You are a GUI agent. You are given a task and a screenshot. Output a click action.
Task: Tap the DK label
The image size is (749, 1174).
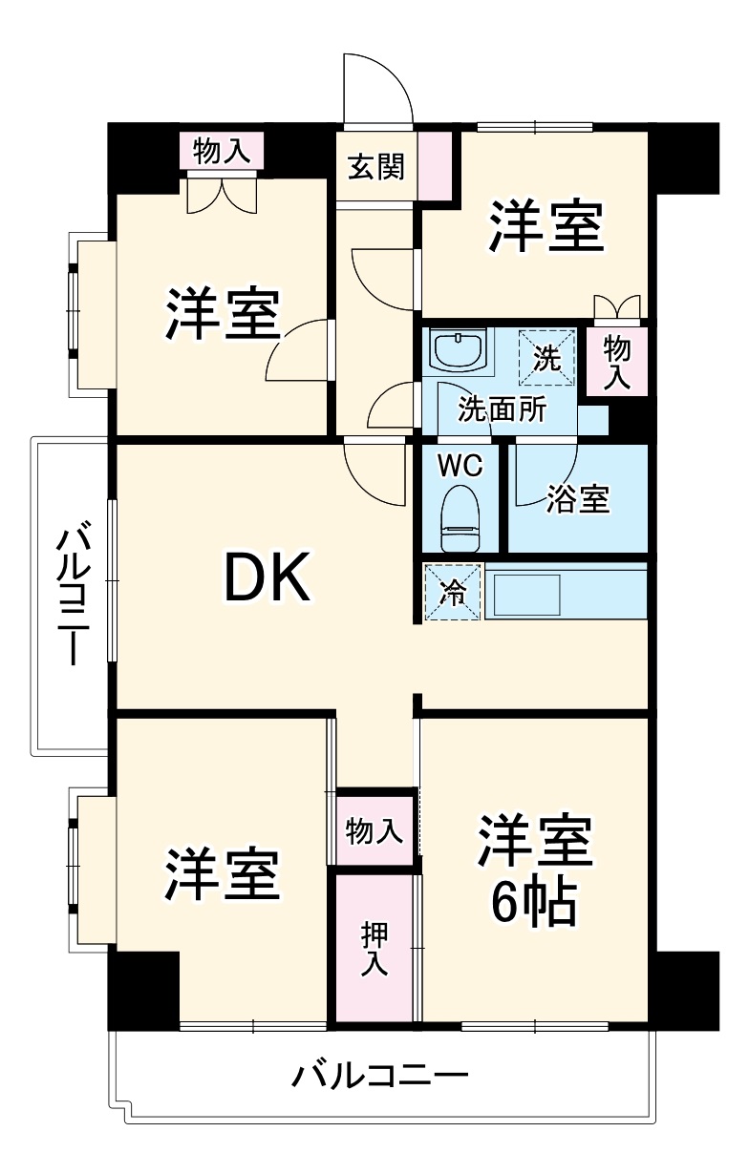(x=267, y=577)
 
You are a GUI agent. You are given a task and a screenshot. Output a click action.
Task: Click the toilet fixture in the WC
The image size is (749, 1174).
(x=460, y=518)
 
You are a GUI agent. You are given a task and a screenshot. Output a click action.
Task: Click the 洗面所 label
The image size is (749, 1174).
(x=502, y=409)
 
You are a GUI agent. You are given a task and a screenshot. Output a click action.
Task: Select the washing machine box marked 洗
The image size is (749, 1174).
(x=546, y=357)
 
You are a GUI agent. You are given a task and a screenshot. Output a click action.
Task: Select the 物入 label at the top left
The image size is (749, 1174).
(x=221, y=150)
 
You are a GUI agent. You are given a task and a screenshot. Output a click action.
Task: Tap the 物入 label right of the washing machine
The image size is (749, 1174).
(x=616, y=361)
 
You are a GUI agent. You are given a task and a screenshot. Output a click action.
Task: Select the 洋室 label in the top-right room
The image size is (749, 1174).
(x=546, y=227)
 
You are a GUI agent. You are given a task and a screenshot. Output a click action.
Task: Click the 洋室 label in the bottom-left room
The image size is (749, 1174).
(x=222, y=872)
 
